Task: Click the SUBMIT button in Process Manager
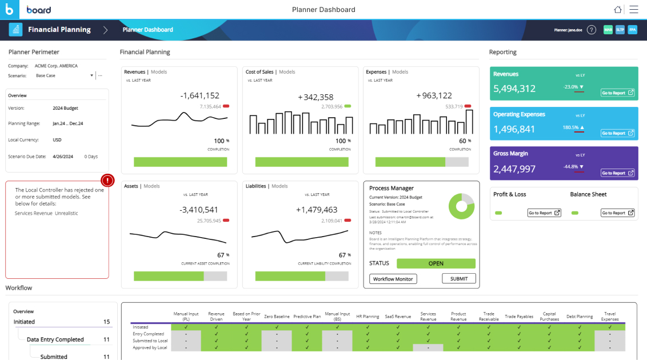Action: (458, 279)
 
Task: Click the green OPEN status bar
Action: (436, 263)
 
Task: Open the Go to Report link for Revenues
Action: (617, 93)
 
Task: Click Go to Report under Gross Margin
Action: (617, 173)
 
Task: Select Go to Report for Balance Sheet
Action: (617, 213)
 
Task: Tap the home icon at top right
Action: (617, 10)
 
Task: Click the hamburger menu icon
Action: (634, 10)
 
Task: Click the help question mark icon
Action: (592, 30)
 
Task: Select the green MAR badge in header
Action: (608, 30)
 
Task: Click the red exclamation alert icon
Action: (107, 181)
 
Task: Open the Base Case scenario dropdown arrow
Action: (91, 75)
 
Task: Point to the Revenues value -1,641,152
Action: (199, 96)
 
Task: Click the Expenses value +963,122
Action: (434, 96)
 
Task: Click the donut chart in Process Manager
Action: (461, 206)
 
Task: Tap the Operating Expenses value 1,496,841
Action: (514, 129)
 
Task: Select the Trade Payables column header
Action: (519, 317)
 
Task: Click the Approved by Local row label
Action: (150, 347)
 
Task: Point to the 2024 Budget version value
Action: (65, 108)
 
